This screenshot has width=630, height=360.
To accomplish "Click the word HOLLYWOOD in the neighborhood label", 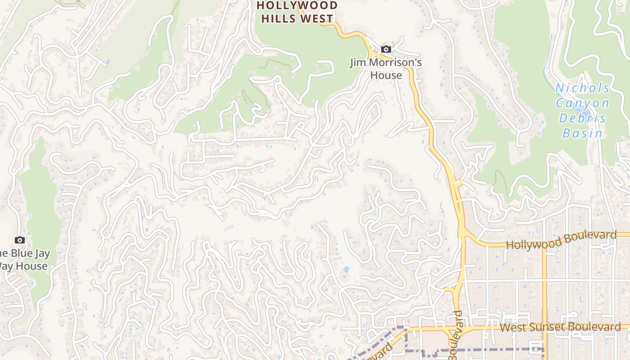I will [x=297, y=6].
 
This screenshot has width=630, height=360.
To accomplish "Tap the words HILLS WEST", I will [x=297, y=19].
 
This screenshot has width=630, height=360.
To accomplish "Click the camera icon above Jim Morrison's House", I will [x=386, y=49].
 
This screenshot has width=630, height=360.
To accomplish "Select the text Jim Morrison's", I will [x=386, y=63].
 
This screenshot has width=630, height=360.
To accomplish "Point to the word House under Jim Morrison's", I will [x=386, y=75].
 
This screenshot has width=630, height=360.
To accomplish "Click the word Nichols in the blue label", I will [x=582, y=88].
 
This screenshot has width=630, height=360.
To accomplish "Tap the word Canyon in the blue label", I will [x=582, y=103].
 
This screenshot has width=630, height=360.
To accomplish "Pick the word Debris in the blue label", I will [x=582, y=118].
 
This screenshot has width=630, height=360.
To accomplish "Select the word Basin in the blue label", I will [x=582, y=133].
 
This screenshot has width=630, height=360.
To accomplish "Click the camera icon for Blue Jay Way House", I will [x=19, y=240].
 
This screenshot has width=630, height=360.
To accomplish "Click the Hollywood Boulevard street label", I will [x=561, y=240].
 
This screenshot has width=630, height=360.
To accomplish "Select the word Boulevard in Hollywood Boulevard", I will [x=589, y=236].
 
